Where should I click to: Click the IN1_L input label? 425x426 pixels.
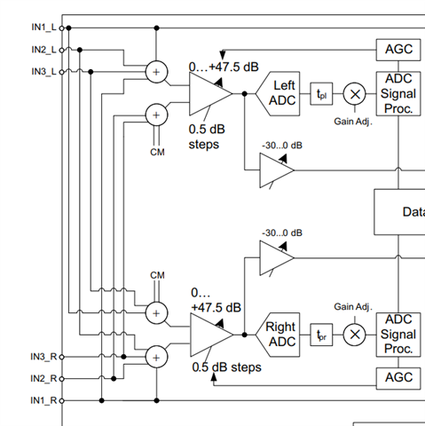click(43, 28)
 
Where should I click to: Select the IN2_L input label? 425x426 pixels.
click(43, 50)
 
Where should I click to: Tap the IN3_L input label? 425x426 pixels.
click(43, 72)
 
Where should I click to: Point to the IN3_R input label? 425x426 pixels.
click(43, 357)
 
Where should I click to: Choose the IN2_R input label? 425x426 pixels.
click(43, 379)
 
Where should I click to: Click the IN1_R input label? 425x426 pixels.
click(43, 400)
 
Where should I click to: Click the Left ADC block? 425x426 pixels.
click(278, 93)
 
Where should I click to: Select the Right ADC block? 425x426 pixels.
click(278, 335)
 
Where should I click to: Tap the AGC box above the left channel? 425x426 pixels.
click(398, 50)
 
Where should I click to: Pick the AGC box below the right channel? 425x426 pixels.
click(398, 378)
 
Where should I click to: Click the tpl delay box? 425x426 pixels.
click(321, 94)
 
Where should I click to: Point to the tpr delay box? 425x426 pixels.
click(321, 335)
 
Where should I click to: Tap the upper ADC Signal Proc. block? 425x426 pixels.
click(398, 93)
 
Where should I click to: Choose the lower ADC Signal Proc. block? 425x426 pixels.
click(398, 335)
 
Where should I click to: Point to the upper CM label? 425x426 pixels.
click(157, 152)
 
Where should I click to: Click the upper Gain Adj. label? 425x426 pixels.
click(353, 122)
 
